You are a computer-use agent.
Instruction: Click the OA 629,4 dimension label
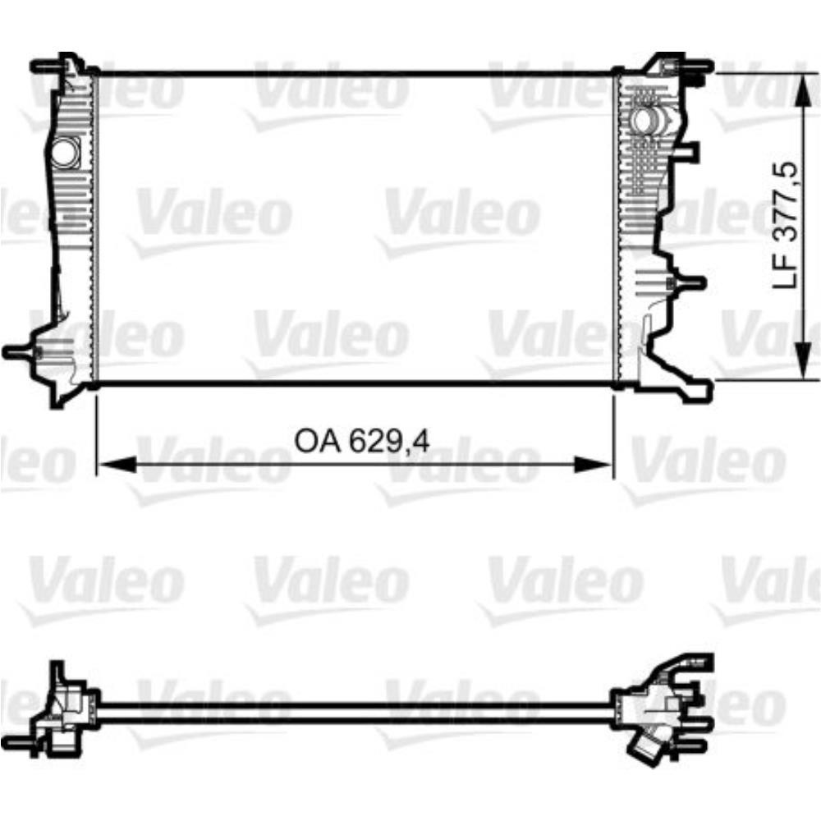pyautogui.click(x=362, y=441)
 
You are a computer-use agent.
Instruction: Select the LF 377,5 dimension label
pyautogui.click(x=786, y=225)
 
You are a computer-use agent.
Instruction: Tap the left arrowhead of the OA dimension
pyautogui.click(x=117, y=464)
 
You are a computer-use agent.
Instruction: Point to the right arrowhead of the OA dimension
pyautogui.click(x=593, y=464)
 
